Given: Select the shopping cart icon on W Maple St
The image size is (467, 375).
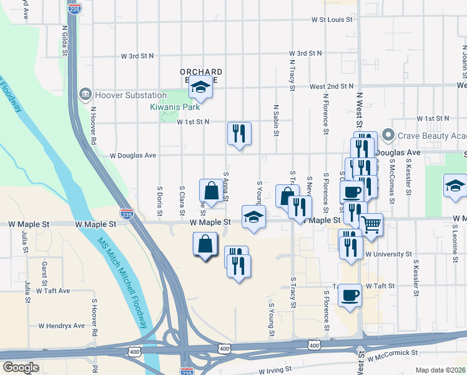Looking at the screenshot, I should [371, 224].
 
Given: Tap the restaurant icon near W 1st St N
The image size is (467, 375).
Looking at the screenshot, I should [239, 133].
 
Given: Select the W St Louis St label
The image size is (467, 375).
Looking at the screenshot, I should [332, 19].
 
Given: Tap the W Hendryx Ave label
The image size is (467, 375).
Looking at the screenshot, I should [61, 326].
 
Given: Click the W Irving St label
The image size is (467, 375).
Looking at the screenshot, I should [275, 370].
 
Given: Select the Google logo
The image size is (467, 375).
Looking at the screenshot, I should [21, 367].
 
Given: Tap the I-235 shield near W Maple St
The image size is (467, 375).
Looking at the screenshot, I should [127, 214].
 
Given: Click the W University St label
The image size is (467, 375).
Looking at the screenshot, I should [389, 254].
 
